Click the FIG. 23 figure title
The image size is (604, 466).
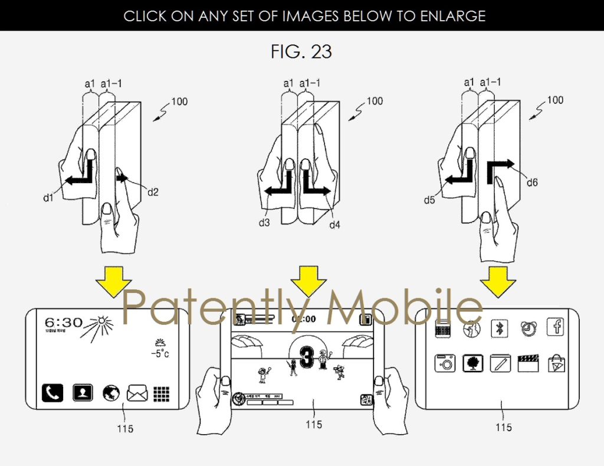point(301,51)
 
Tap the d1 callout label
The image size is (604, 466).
point(48,198)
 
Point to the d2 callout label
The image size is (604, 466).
point(153,191)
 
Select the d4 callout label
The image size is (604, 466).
point(334,224)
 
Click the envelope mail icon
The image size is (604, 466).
point(137,392)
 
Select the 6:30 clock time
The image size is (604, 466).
point(63,323)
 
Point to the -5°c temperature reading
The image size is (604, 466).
point(159,354)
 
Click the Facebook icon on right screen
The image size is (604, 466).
point(555,327)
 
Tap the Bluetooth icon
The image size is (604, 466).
point(500,328)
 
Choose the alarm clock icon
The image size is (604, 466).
point(528,328)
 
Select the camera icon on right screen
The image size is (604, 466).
point(445,363)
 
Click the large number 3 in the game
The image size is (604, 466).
point(306,359)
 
